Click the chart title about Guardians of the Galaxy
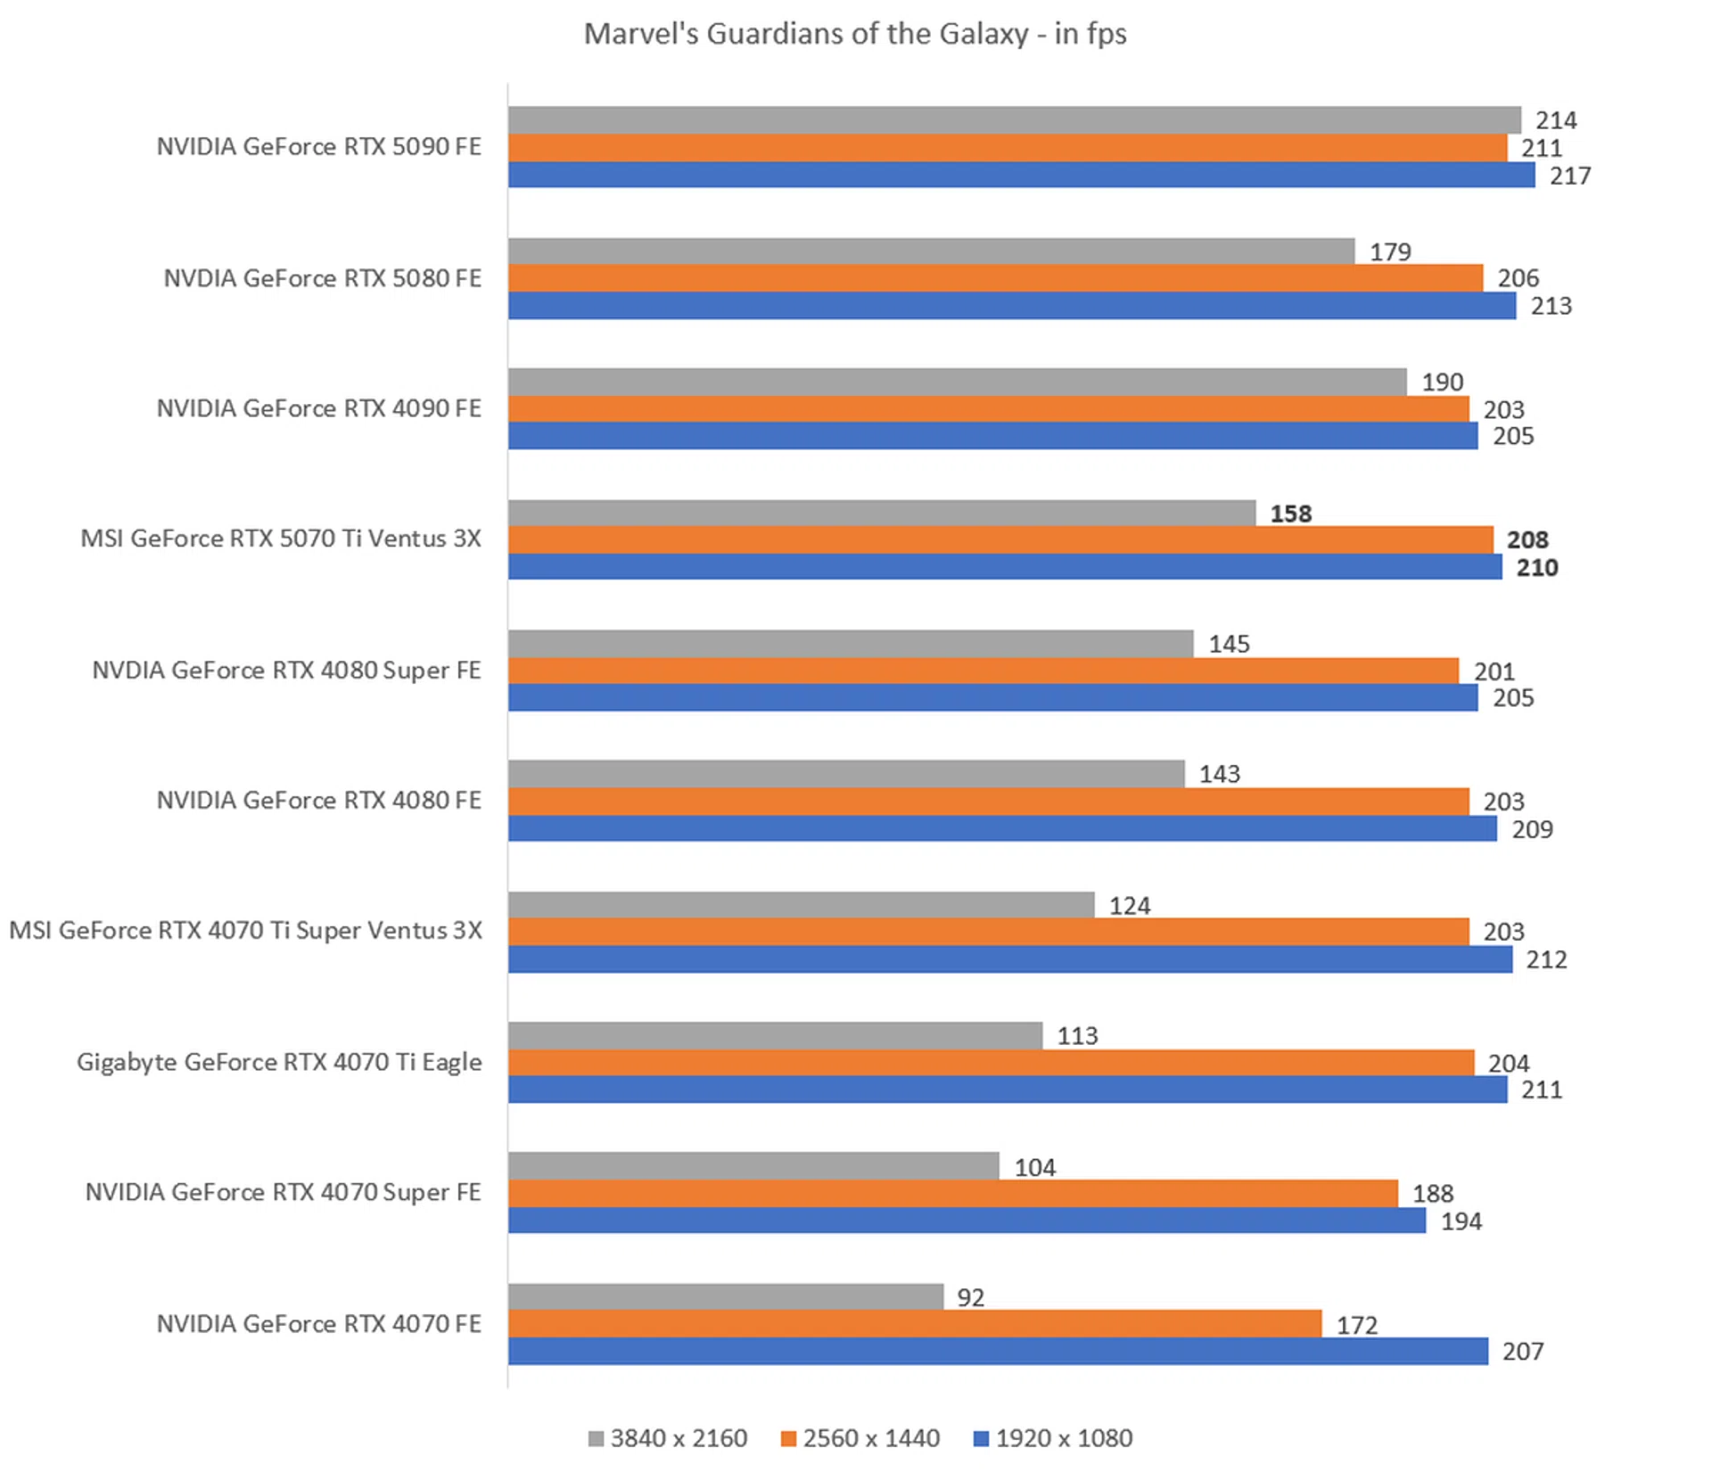(x=854, y=34)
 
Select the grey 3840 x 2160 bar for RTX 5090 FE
(x=1014, y=119)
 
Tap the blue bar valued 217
(x=1021, y=175)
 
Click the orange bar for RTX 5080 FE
(x=995, y=278)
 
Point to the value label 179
(x=1390, y=252)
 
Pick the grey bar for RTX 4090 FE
(x=957, y=382)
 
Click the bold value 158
(x=1290, y=514)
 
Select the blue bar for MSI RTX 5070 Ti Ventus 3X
(x=1005, y=567)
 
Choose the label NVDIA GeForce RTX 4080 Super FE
(x=286, y=670)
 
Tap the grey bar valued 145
(x=851, y=644)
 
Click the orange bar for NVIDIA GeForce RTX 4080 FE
(x=988, y=802)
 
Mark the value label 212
(x=1545, y=959)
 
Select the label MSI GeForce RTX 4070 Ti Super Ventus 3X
(x=245, y=931)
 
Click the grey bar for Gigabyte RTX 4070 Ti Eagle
(x=775, y=1035)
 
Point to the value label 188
(x=1432, y=1193)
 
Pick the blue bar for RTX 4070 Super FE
(x=967, y=1221)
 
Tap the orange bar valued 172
(x=915, y=1324)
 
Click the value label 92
(x=970, y=1297)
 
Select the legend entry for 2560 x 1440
(x=860, y=1438)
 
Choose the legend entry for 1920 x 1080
(x=1052, y=1438)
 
